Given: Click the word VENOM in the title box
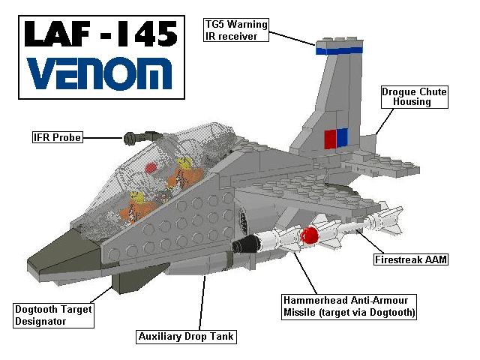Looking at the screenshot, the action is (100, 74).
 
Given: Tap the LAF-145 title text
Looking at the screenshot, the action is (101, 34).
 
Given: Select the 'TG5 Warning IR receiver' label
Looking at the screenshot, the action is (236, 30).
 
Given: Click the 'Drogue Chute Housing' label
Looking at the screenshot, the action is (415, 97).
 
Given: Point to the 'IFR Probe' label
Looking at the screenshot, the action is (58, 137).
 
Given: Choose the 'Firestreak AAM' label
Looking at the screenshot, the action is (411, 259).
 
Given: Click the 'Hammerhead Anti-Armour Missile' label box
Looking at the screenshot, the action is (349, 307).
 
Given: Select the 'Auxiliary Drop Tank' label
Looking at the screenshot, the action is (186, 337).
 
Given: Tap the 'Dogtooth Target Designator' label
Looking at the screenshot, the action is (53, 316).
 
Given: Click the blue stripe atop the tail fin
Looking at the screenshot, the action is (340, 50).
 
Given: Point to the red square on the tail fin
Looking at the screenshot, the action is (330, 139).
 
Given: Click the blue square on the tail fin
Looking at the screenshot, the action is (342, 137).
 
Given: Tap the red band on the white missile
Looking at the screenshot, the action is (310, 235).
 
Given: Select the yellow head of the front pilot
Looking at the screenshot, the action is (136, 197).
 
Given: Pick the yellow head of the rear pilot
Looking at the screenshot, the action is (184, 163).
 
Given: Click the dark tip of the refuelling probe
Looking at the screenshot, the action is (130, 138).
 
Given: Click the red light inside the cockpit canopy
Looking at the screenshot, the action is (151, 168).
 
